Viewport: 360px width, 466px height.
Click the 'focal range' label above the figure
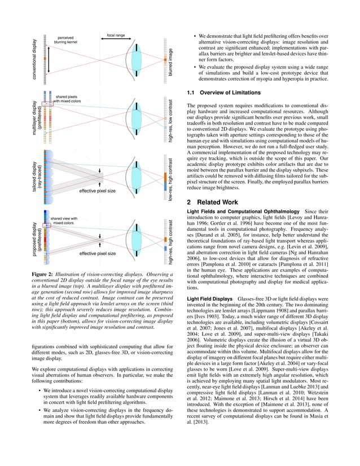[115, 35]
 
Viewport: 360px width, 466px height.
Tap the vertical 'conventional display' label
[35, 59]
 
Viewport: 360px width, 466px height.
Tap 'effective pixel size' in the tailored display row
[97, 191]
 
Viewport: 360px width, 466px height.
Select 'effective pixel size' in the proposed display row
[97, 253]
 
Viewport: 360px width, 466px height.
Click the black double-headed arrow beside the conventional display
[49, 59]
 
